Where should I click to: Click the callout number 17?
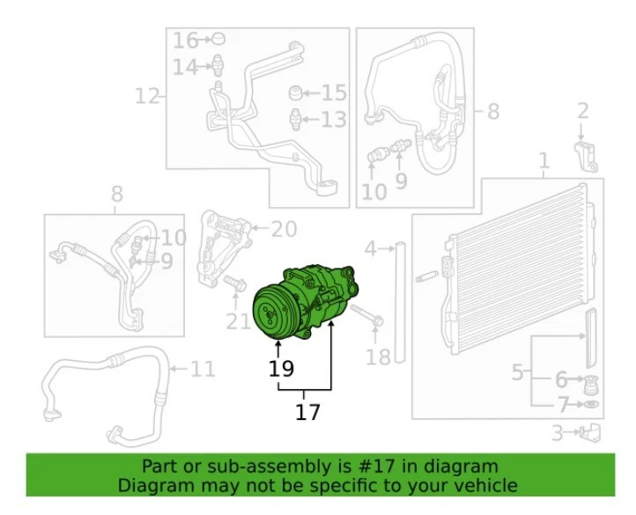pos(307,411)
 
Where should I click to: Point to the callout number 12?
pos(147,95)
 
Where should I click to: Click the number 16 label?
pos(186,40)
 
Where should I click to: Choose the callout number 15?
pos(334,92)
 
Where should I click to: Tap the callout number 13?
pos(334,120)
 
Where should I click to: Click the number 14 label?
pos(186,67)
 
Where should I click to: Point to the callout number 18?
pos(377,357)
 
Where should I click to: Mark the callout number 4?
pos(372,249)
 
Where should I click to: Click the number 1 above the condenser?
pos(544,161)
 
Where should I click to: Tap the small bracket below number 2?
pos(587,154)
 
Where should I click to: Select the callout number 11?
pos(203,368)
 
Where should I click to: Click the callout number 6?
pos(561,379)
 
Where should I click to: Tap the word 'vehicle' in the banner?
pos(485,485)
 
